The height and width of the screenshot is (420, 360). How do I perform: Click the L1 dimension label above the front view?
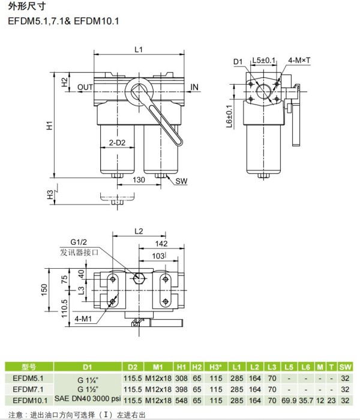[x=139, y=50]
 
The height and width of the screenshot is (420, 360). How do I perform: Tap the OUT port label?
[x=85, y=87]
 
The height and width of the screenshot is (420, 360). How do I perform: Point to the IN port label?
[x=194, y=87]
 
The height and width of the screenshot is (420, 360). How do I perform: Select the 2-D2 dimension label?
[x=117, y=143]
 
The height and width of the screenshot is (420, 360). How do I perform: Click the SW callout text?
[x=181, y=181]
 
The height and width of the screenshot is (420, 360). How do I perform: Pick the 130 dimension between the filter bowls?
[x=139, y=179]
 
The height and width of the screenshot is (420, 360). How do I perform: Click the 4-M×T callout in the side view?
[x=299, y=60]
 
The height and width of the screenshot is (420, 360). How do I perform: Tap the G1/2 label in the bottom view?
[x=79, y=242]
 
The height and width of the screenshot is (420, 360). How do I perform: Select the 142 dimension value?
[x=161, y=243]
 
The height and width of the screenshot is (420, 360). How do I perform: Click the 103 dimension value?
[x=158, y=256]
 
